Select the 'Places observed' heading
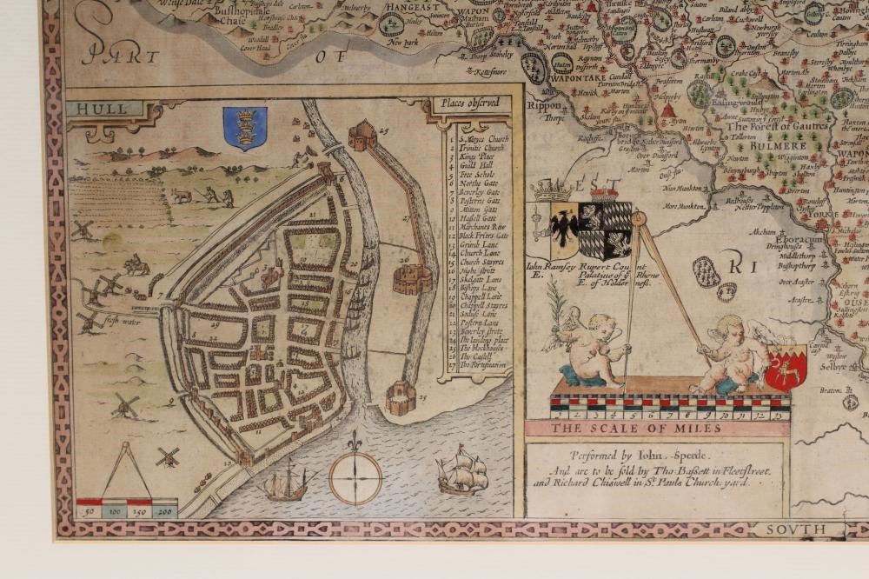tap(468, 104)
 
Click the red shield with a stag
tap(786, 368)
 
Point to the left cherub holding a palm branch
tap(594, 347)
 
